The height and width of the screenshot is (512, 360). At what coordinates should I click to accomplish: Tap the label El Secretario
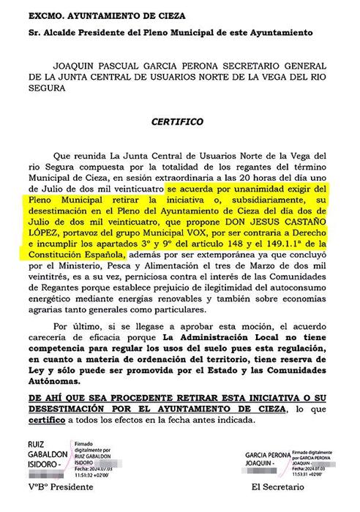[x=276, y=486]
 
